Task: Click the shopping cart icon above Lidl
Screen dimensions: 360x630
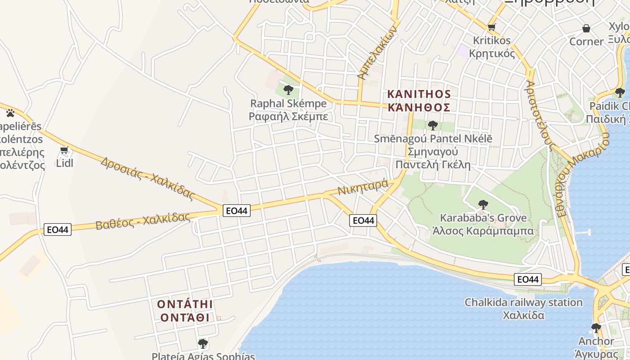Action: click(64, 150)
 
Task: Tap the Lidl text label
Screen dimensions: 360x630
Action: click(64, 163)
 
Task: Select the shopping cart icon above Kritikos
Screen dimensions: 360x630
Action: click(492, 27)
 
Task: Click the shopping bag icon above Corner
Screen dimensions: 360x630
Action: click(586, 29)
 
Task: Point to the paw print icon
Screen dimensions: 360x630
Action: click(10, 112)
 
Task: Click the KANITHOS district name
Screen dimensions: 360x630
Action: click(419, 94)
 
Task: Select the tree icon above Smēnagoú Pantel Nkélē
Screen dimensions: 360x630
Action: click(433, 125)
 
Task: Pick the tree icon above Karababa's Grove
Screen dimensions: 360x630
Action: click(483, 205)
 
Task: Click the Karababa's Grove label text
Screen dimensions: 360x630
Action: click(483, 218)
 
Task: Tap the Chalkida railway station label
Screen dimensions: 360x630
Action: click(523, 302)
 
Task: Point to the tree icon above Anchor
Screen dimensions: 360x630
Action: click(596, 328)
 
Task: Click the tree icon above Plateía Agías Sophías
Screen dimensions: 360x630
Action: click(203, 344)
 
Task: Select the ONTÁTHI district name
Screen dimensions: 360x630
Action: click(184, 304)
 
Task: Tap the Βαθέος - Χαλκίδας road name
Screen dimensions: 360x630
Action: click(143, 221)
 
